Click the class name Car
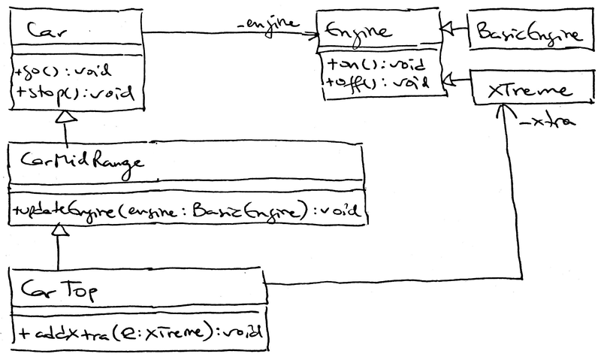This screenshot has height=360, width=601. (44, 29)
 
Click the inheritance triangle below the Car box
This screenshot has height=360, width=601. (66, 116)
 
